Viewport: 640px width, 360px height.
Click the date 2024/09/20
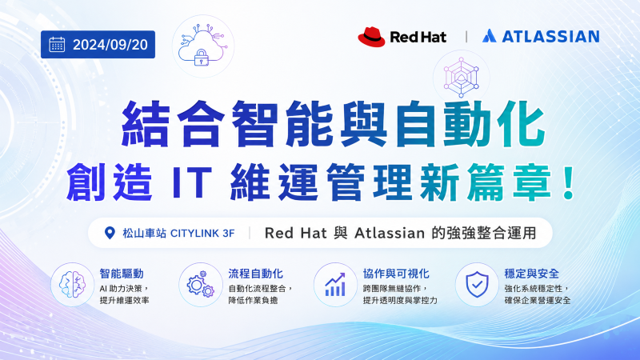[110, 45]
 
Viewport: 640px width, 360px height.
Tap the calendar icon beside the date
[57, 45]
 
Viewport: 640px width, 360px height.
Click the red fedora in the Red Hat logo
[371, 37]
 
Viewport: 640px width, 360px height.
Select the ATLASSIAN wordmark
[550, 36]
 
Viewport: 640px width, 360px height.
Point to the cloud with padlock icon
[203, 46]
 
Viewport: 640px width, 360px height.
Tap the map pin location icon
[110, 233]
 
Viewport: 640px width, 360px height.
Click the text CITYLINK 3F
[202, 233]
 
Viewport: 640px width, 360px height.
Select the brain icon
[72, 285]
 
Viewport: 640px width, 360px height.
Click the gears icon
[201, 284]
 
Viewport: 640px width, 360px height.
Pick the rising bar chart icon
[335, 285]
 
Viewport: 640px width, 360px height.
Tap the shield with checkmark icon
[477, 285]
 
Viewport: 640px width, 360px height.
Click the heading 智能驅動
[122, 274]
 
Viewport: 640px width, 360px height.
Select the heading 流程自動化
[255, 274]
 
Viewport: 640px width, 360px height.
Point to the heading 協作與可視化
[396, 274]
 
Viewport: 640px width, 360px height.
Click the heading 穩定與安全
[531, 274]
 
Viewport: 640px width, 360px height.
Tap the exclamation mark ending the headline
[568, 182]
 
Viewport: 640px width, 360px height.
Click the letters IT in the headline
[192, 182]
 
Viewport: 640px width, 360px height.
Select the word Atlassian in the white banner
[390, 233]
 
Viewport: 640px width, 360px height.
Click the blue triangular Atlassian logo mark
[489, 36]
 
